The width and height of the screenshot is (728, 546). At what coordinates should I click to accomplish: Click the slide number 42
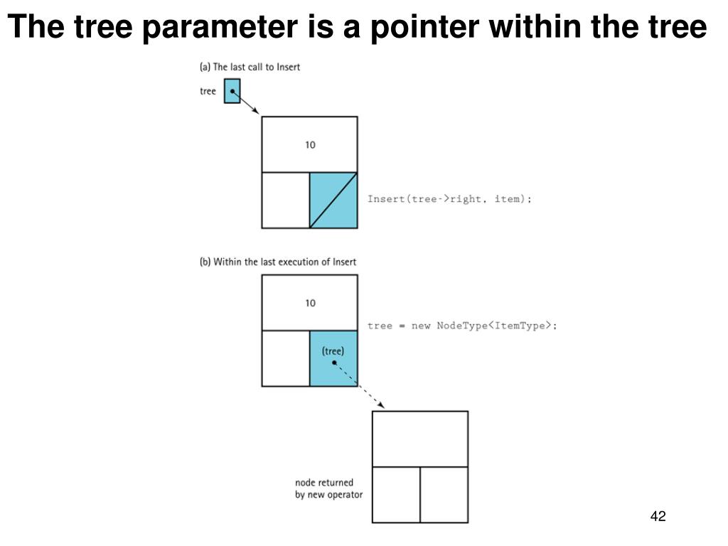(x=658, y=517)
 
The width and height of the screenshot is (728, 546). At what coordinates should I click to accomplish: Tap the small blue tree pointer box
(x=232, y=91)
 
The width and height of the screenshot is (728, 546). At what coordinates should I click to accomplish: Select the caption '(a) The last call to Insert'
(x=250, y=67)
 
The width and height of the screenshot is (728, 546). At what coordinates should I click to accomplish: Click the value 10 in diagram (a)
(x=310, y=145)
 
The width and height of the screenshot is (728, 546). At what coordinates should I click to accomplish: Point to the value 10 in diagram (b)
(x=310, y=303)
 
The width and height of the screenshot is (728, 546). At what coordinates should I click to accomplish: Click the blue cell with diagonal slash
(x=333, y=200)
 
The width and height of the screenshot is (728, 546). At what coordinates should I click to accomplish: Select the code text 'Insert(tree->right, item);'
(x=449, y=199)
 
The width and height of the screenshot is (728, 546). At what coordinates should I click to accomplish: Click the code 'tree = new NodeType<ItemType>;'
(x=462, y=326)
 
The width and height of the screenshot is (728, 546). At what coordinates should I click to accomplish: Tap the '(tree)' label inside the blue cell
(x=333, y=350)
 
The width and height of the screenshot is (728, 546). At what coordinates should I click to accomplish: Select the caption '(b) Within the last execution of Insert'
(x=278, y=262)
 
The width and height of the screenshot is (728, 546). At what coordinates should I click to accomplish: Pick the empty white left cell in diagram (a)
(x=286, y=200)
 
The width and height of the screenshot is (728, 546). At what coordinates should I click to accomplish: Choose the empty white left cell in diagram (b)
(x=286, y=358)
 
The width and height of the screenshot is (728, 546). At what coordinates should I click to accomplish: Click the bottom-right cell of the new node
(x=444, y=494)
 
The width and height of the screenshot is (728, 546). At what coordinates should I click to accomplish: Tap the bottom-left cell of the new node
(x=396, y=494)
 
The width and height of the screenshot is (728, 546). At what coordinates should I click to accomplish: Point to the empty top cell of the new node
(x=420, y=439)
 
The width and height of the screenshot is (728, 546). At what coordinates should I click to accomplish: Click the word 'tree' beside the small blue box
(x=208, y=92)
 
